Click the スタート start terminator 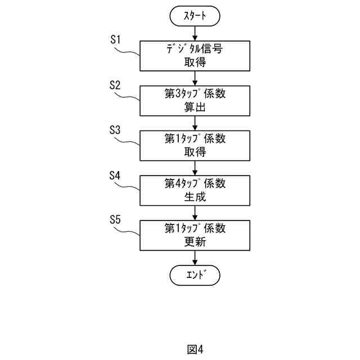195,17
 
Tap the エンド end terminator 195,275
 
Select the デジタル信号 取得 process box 195,55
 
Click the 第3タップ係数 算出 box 195,100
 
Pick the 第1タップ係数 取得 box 195,145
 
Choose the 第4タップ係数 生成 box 195,190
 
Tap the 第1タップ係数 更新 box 195,235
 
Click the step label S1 115,40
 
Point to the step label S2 115,85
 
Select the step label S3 115,130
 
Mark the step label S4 115,175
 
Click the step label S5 115,220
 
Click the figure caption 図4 195,349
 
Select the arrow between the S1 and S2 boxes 195,78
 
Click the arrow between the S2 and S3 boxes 195,123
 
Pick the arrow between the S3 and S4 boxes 195,168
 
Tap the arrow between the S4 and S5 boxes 195,213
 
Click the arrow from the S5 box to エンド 195,258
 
